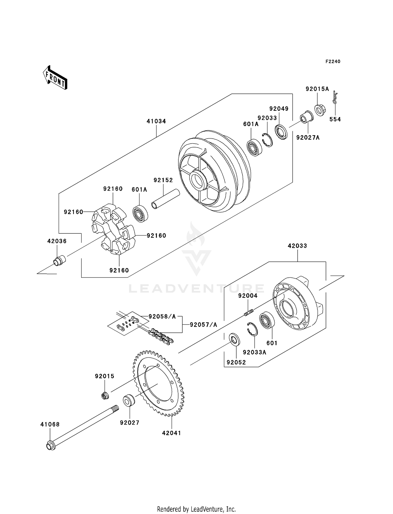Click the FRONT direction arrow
[x=55, y=78]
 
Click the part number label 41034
[x=156, y=121]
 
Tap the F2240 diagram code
[x=333, y=62]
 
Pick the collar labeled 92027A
[x=307, y=117]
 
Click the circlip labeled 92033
[x=268, y=140]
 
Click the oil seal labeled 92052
[x=234, y=340]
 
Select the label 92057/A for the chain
[x=204, y=325]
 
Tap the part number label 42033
[x=297, y=246]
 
